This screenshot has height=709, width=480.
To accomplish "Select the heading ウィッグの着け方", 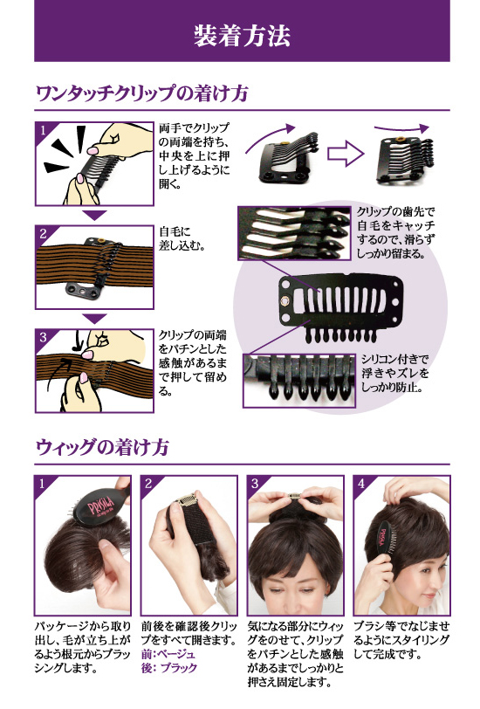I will [x=95, y=448].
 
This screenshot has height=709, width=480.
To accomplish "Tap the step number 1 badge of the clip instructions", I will [x=41, y=132].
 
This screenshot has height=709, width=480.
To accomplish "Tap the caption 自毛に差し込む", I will [x=182, y=238].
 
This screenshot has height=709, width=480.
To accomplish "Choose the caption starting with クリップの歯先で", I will [x=398, y=231].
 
